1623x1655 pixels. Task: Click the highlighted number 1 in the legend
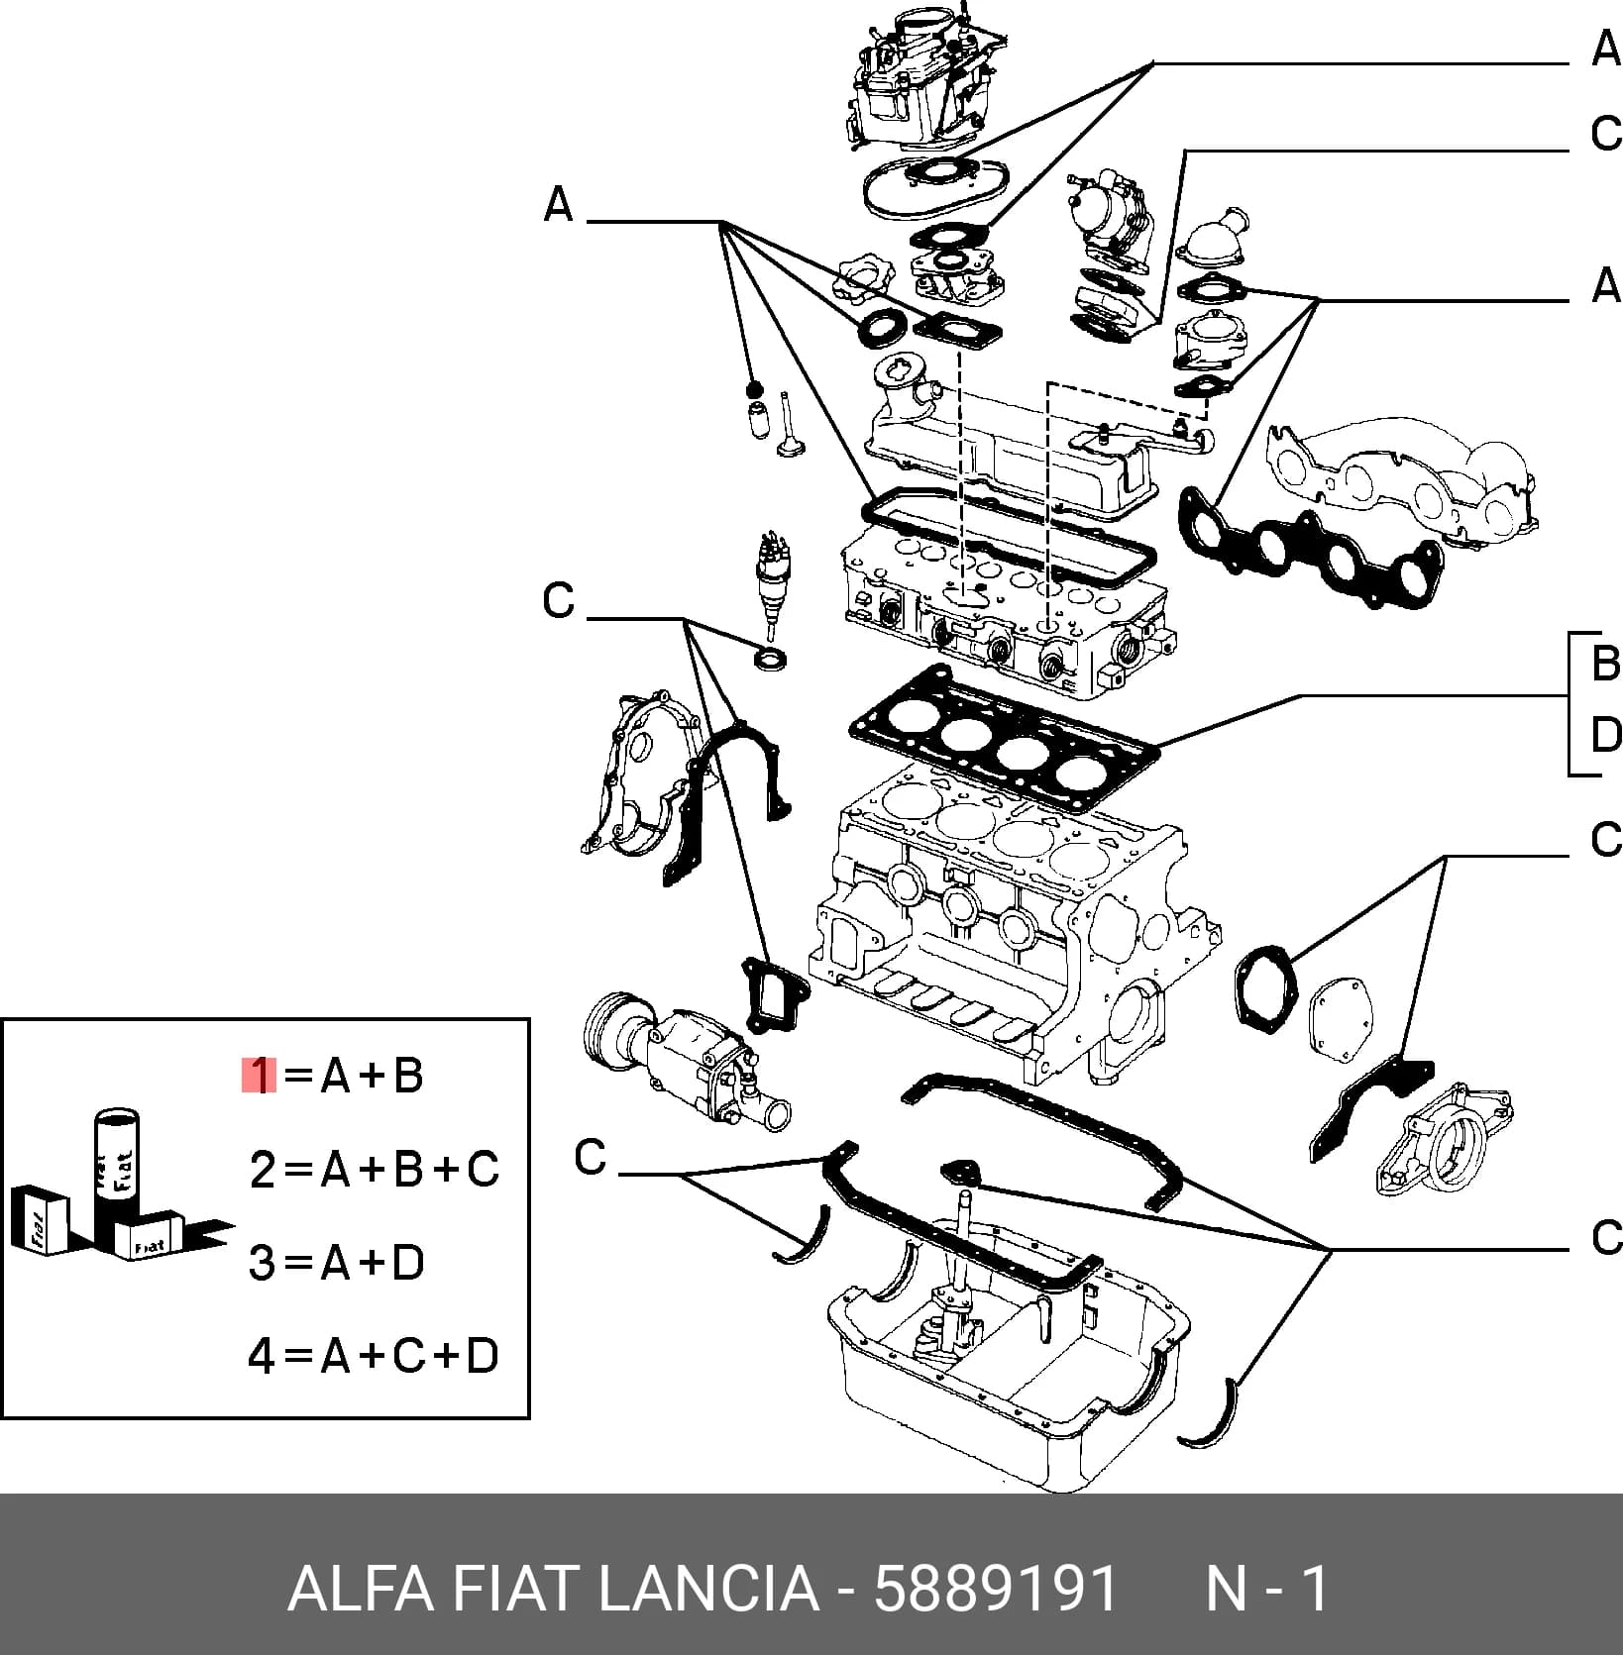pyautogui.click(x=260, y=1076)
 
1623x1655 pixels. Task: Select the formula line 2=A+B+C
pyautogui.click(x=375, y=1170)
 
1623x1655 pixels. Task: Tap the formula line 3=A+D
pyautogui.click(x=337, y=1263)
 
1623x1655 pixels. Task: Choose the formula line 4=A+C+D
pyautogui.click(x=374, y=1356)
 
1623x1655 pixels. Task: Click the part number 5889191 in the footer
pyautogui.click(x=997, y=1590)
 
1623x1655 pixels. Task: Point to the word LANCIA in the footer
pyautogui.click(x=708, y=1590)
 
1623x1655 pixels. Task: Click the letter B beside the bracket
pyautogui.click(x=1604, y=663)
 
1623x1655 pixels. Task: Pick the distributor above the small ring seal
pyautogui.click(x=770, y=584)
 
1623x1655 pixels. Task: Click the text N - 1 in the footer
pyautogui.click(x=1266, y=1590)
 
